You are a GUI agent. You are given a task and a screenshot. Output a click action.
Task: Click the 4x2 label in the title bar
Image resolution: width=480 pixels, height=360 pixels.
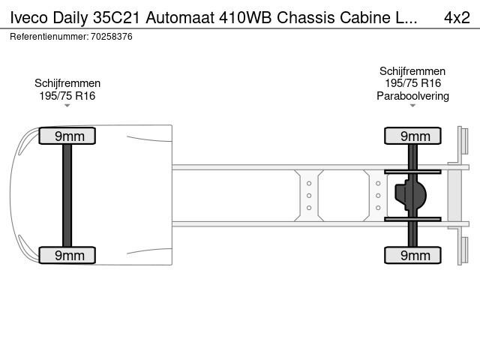coord(457,17)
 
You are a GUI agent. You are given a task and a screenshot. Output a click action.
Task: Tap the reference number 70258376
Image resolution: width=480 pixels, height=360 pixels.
coord(112,37)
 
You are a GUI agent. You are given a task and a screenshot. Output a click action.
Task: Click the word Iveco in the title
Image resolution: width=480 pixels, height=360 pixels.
coord(28,17)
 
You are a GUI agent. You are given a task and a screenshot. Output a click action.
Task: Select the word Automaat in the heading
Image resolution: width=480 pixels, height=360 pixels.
coord(180,17)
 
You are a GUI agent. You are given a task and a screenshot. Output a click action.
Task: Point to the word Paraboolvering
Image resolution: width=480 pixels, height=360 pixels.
coord(412,96)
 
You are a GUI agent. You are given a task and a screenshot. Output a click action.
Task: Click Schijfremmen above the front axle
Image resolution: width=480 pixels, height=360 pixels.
coord(67,83)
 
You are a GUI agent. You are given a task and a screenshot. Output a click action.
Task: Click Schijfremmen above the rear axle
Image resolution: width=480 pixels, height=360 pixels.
coord(412,71)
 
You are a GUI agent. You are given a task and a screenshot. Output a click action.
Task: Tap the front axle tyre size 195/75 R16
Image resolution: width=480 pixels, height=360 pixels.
coord(67,96)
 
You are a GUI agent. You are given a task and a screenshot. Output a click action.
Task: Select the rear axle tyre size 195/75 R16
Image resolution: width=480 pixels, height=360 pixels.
coord(412,83)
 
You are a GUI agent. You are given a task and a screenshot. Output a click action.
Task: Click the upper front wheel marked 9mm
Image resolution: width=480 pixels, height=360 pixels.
coord(67,136)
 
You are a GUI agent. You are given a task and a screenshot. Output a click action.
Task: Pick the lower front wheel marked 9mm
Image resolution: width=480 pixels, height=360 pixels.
coord(67,255)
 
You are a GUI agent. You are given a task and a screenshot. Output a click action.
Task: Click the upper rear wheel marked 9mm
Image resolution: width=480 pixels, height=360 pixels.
coord(412,136)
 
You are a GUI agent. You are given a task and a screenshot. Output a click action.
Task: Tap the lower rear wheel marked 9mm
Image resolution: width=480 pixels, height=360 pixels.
coord(412,255)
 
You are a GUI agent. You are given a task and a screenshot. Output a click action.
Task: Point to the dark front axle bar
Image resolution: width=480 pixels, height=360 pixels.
coord(67,195)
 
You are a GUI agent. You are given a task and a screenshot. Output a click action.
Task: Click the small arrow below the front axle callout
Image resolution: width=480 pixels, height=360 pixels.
coord(67,106)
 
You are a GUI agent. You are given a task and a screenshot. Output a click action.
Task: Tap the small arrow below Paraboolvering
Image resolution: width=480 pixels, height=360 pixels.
coord(412,106)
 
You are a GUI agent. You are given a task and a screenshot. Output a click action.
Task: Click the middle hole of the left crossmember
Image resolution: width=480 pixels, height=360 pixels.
coord(309,196)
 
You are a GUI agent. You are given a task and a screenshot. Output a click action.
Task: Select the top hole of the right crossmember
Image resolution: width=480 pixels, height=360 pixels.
coord(378,183)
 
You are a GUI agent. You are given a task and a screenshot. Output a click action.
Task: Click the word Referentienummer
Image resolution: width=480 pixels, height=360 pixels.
coord(49,37)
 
